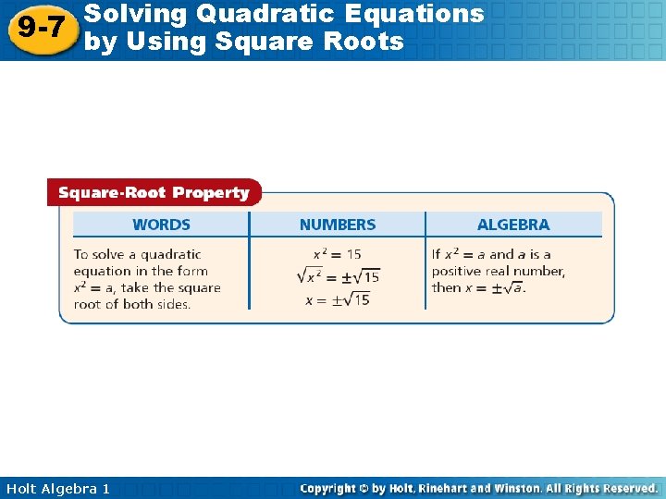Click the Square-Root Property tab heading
154,193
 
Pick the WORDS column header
161,225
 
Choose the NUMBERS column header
338,225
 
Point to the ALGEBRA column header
513,225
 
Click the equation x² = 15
338,254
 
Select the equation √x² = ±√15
338,275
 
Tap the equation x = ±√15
338,298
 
